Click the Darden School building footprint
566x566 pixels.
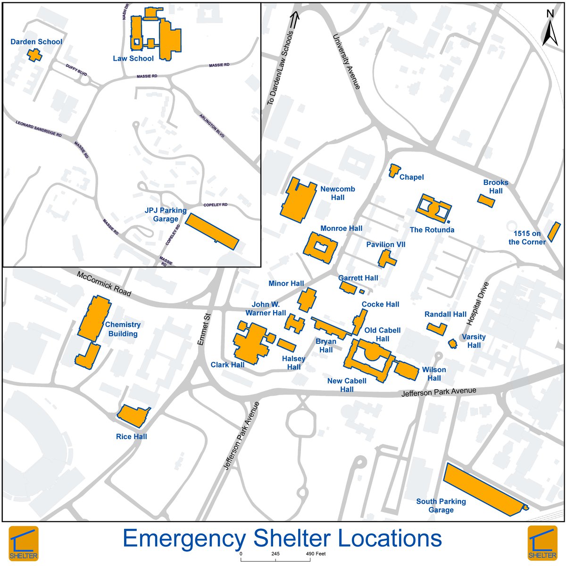[x=34, y=55]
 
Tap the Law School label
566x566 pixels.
[x=133, y=58]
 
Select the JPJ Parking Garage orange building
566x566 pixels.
[x=211, y=231]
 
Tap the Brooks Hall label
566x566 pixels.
[x=496, y=186]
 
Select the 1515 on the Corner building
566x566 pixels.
[x=551, y=231]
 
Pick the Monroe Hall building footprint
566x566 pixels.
[x=321, y=248]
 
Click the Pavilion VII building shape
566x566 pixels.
[x=386, y=258]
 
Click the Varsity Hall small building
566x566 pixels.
[x=452, y=343]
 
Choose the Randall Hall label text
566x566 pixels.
[x=445, y=314]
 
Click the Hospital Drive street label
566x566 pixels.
[x=478, y=304]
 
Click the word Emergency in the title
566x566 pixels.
[x=184, y=539]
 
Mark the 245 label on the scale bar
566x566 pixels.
[x=275, y=554]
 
